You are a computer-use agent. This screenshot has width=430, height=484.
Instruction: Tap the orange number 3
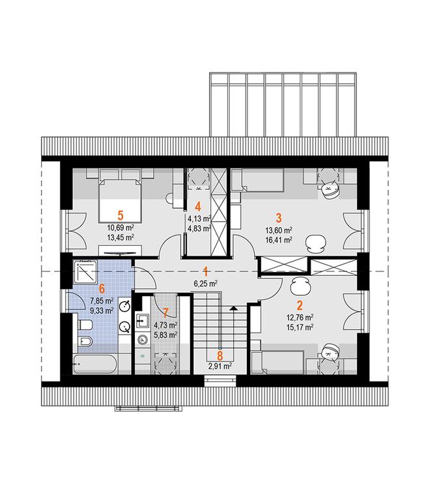click(279, 218)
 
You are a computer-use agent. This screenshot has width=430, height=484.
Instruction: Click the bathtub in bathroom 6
click(95, 364)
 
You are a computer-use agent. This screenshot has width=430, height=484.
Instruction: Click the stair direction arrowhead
click(234, 308)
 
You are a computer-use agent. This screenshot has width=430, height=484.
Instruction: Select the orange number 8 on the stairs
click(220, 355)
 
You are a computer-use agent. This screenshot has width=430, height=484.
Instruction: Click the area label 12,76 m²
click(300, 318)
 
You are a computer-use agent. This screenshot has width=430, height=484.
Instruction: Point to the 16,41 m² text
click(279, 239)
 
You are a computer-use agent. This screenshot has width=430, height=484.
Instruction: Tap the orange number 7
click(165, 313)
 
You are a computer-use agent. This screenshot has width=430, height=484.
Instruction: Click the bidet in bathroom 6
click(85, 341)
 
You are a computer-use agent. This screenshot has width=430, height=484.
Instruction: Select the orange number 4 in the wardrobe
click(198, 207)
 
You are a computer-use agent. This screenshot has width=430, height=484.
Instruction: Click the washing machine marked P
click(142, 340)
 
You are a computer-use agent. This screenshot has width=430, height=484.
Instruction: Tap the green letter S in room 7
click(142, 355)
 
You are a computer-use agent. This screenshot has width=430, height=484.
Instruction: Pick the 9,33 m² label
click(102, 310)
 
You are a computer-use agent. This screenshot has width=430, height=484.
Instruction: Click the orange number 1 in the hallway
click(205, 271)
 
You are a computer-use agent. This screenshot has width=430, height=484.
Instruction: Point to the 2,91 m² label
click(220, 367)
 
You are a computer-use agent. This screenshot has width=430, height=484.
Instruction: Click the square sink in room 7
click(142, 321)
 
